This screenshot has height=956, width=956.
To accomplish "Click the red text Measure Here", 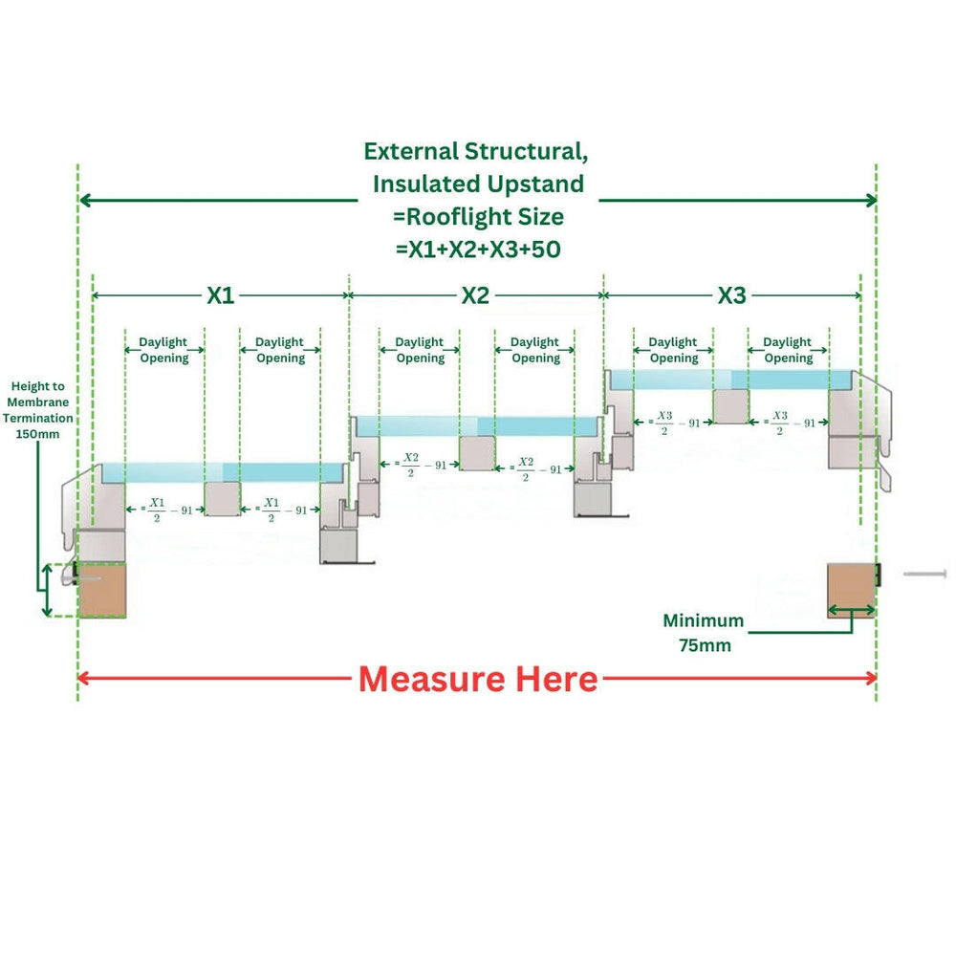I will tap(478, 680).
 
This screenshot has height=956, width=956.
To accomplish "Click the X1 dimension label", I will tap(221, 295).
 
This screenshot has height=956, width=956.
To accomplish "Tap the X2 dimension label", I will tap(475, 295).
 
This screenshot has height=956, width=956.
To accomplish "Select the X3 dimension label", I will tap(731, 295).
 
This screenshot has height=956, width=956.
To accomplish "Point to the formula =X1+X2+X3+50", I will tap(478, 250).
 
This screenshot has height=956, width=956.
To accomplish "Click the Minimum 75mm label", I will tap(704, 633).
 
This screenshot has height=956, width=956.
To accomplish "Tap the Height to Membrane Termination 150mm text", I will tap(37, 409).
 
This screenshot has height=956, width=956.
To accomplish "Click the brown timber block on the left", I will tap(101, 590).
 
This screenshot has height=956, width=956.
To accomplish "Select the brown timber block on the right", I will tap(851, 590).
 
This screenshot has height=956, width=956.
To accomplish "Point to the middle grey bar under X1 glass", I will tap(222, 498).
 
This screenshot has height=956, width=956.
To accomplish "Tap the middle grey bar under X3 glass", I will tap(731, 406).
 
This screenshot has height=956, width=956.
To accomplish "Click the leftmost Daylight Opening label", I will tap(163, 350).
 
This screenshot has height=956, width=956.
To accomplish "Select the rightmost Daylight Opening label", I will tap(788, 350).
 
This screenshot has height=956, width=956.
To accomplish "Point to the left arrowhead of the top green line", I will tap(84, 200).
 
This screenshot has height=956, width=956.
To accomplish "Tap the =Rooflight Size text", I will tap(478, 216).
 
